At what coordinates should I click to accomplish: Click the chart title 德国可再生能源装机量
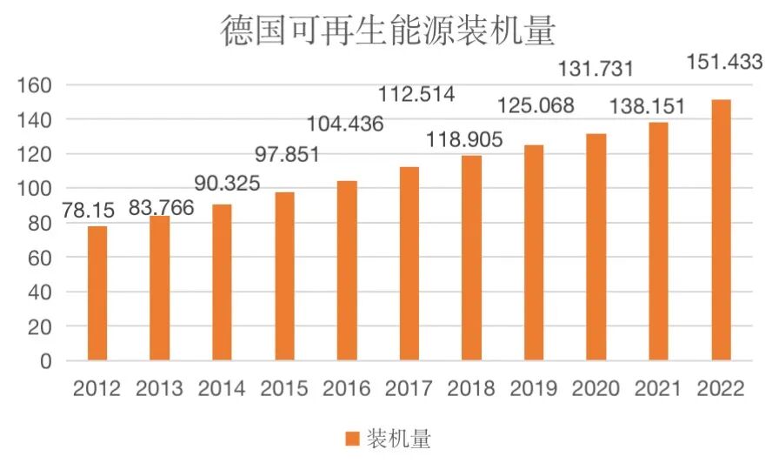[387, 32]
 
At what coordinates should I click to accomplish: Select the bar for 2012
[97, 293]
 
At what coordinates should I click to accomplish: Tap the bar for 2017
[409, 264]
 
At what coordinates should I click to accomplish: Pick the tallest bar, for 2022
[721, 230]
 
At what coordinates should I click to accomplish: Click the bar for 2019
[534, 252]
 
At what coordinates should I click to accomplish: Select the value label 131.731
[597, 70]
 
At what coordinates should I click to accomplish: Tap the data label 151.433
[723, 63]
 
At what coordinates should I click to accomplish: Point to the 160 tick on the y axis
[35, 85]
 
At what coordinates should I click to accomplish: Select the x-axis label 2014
[223, 388]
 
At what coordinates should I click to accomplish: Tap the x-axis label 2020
[596, 388]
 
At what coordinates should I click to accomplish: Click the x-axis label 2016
[347, 388]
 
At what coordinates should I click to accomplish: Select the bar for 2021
[658, 241]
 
